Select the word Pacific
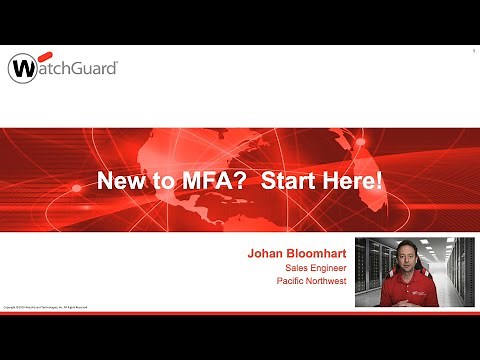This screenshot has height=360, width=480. point(293,281)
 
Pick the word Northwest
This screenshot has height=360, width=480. point(331,281)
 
